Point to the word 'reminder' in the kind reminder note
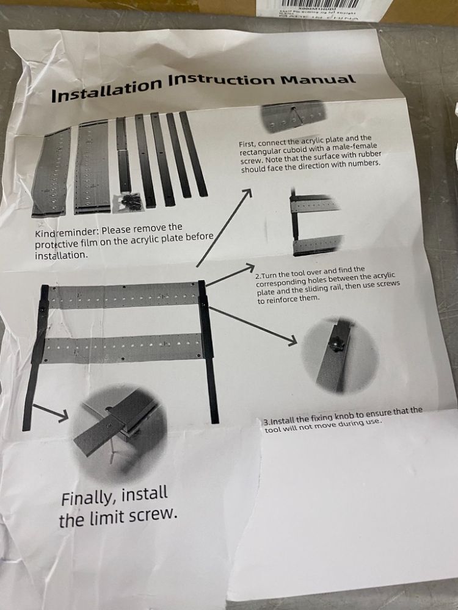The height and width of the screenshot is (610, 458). click(x=82, y=232)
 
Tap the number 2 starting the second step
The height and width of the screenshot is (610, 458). click(x=258, y=276)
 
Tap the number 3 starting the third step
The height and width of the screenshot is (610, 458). click(x=266, y=421)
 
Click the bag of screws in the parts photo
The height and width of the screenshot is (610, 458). click(x=130, y=201)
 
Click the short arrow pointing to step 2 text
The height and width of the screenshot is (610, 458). click(x=231, y=275)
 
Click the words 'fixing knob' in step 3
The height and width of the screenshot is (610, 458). click(x=331, y=415)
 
